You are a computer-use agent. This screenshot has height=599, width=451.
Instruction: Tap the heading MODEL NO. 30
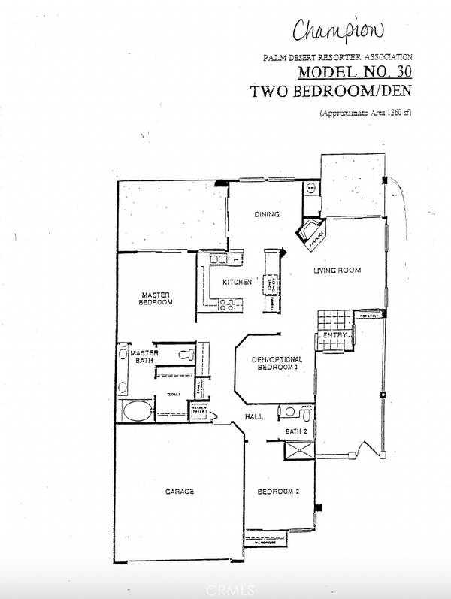pos(356,72)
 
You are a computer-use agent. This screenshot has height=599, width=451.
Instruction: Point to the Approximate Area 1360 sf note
pos(366,113)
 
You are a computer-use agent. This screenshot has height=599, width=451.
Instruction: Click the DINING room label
pos(266,215)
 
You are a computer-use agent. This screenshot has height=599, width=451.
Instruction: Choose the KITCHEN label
pos(236,283)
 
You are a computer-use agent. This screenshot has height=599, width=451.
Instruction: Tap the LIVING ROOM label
pos(337,271)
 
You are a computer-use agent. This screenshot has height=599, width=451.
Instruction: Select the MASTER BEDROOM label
pos(156,298)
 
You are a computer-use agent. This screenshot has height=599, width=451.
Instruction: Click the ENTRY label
pos(334,335)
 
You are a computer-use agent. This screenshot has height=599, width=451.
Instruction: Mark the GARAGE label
pos(180,492)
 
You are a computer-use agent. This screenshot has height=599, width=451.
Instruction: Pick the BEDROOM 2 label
pos(279,492)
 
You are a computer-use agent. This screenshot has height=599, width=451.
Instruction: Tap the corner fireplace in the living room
pos(312,236)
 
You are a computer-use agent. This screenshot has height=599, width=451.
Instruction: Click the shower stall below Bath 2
pos(298,451)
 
